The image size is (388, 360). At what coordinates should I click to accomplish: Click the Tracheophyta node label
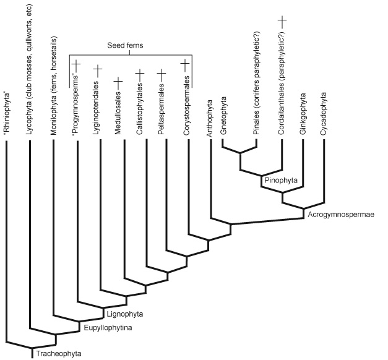pyautogui.click(x=59, y=354)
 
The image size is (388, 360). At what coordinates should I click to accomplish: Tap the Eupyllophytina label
pyautogui.click(x=108, y=328)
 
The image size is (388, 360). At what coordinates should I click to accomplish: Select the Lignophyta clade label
pyautogui.click(x=125, y=314)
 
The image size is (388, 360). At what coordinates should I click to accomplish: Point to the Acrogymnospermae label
pyautogui.click(x=341, y=215)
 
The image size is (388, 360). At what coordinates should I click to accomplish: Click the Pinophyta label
pyautogui.click(x=281, y=180)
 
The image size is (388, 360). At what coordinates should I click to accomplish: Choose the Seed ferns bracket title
pyautogui.click(x=125, y=46)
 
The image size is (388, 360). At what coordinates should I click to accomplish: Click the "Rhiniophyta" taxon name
pyautogui.click(x=7, y=114)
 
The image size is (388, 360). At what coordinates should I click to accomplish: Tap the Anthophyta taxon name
pyautogui.click(x=210, y=118)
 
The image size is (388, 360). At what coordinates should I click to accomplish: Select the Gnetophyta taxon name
pyautogui.click(x=223, y=116)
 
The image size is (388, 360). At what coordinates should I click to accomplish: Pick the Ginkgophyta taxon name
pyautogui.click(x=303, y=114)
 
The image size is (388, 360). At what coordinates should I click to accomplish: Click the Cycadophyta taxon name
pyautogui.click(x=324, y=114)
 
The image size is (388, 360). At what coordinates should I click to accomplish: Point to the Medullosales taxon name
pyautogui.click(x=118, y=113)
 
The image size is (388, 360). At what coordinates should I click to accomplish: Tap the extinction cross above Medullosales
pyautogui.click(x=118, y=82)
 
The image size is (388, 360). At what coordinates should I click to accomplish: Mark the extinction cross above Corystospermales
pyautogui.click(x=185, y=64)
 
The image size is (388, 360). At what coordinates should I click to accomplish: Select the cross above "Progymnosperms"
pyautogui.click(x=76, y=65)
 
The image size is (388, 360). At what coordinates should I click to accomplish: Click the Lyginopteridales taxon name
pyautogui.click(x=96, y=108)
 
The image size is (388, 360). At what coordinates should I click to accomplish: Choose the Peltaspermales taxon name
pyautogui.click(x=161, y=109)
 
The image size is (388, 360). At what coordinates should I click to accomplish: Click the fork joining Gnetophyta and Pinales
pyautogui.click(x=239, y=153)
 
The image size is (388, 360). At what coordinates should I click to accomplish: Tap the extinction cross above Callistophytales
pyautogui.click(x=140, y=74)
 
